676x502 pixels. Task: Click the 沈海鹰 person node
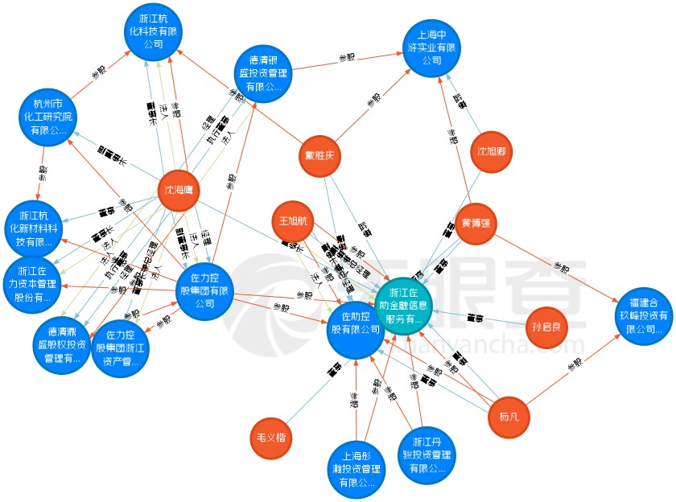point(178,192)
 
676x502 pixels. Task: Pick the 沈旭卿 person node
point(492,152)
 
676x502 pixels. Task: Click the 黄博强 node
point(476,223)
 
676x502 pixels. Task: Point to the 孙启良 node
point(550,327)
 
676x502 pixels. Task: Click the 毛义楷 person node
point(271,439)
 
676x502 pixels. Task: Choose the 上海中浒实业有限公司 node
point(432,47)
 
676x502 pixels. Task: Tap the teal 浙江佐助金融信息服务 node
point(404,306)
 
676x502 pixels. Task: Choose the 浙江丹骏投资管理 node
point(427,455)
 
